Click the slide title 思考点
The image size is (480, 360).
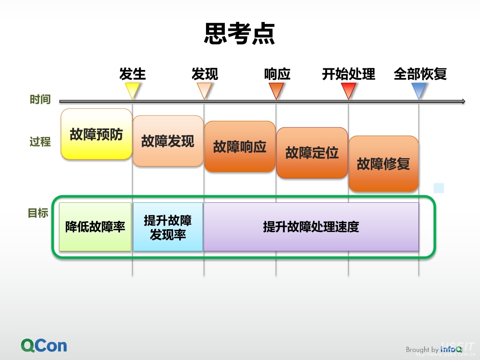point(240,34)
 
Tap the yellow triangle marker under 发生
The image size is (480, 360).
point(132,90)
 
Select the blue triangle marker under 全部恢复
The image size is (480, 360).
point(419,90)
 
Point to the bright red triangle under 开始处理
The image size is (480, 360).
point(348,90)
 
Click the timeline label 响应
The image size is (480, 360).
point(277,74)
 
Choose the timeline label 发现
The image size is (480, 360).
point(204,74)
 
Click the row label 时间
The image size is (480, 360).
point(40,100)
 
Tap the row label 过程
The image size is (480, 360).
point(40,142)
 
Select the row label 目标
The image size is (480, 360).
point(38,213)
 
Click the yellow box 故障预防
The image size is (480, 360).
point(96,134)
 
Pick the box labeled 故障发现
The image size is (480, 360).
point(168,141)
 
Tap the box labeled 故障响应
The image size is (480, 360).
point(240,147)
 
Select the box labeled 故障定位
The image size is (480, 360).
point(312,153)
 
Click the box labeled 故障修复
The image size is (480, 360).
point(383,164)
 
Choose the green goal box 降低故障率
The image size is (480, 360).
point(95,227)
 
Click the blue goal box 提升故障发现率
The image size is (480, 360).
point(168,227)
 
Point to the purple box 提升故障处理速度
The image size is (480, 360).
point(311,227)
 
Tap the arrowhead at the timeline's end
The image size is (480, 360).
point(463,102)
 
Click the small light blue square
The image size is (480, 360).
point(439,188)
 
